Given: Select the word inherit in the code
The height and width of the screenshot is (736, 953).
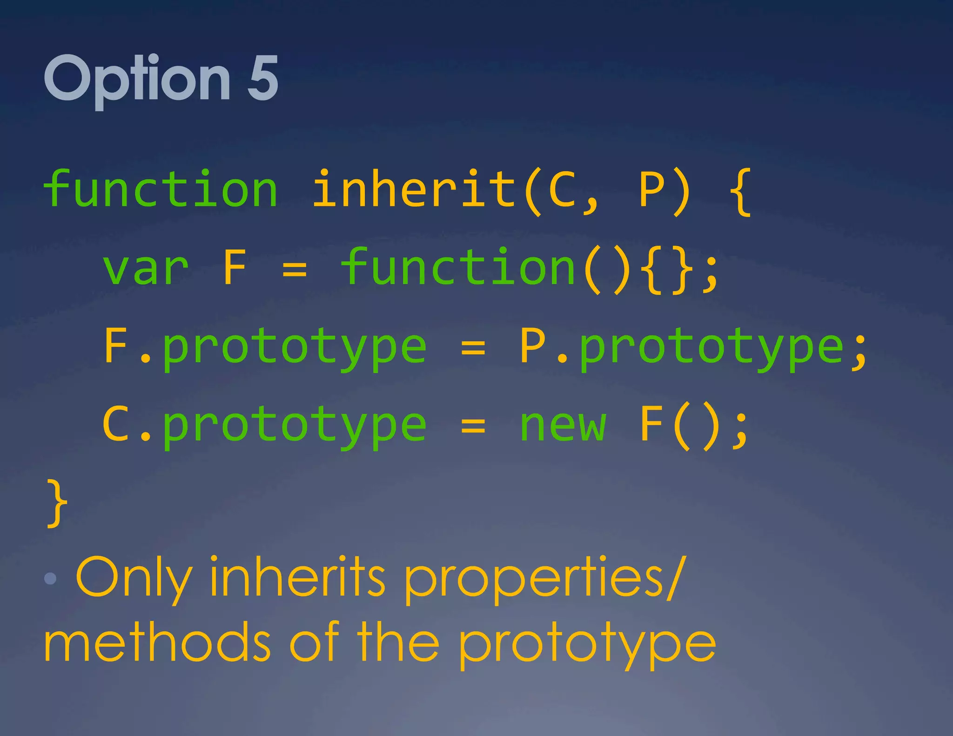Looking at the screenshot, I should [414, 189].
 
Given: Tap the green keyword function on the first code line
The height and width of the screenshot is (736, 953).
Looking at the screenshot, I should [161, 189].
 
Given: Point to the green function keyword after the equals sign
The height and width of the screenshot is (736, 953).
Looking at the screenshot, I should [458, 268].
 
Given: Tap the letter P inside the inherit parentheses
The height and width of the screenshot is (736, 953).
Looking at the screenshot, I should [651, 190].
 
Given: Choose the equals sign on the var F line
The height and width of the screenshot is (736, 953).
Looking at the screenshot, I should [295, 269].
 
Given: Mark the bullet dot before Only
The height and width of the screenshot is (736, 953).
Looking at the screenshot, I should [50, 578].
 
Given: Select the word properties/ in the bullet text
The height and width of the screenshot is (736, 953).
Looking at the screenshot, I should [544, 578].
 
